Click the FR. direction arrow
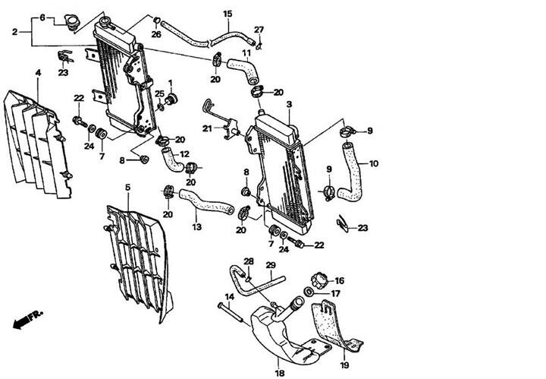tap(27, 319)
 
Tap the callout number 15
tap(227, 14)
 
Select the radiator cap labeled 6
tap(72, 23)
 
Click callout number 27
tap(259, 30)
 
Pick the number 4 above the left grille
tap(38, 73)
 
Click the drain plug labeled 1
tap(171, 99)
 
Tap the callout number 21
tap(207, 129)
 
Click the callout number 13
tap(196, 227)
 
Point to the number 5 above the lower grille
tap(128, 188)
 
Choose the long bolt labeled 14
tap(231, 312)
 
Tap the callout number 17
tap(335, 294)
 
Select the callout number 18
tap(280, 373)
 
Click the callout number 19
tap(344, 365)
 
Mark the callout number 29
tap(271, 265)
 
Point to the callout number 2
tap(14, 32)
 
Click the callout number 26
tap(156, 34)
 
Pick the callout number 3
tap(289, 104)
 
